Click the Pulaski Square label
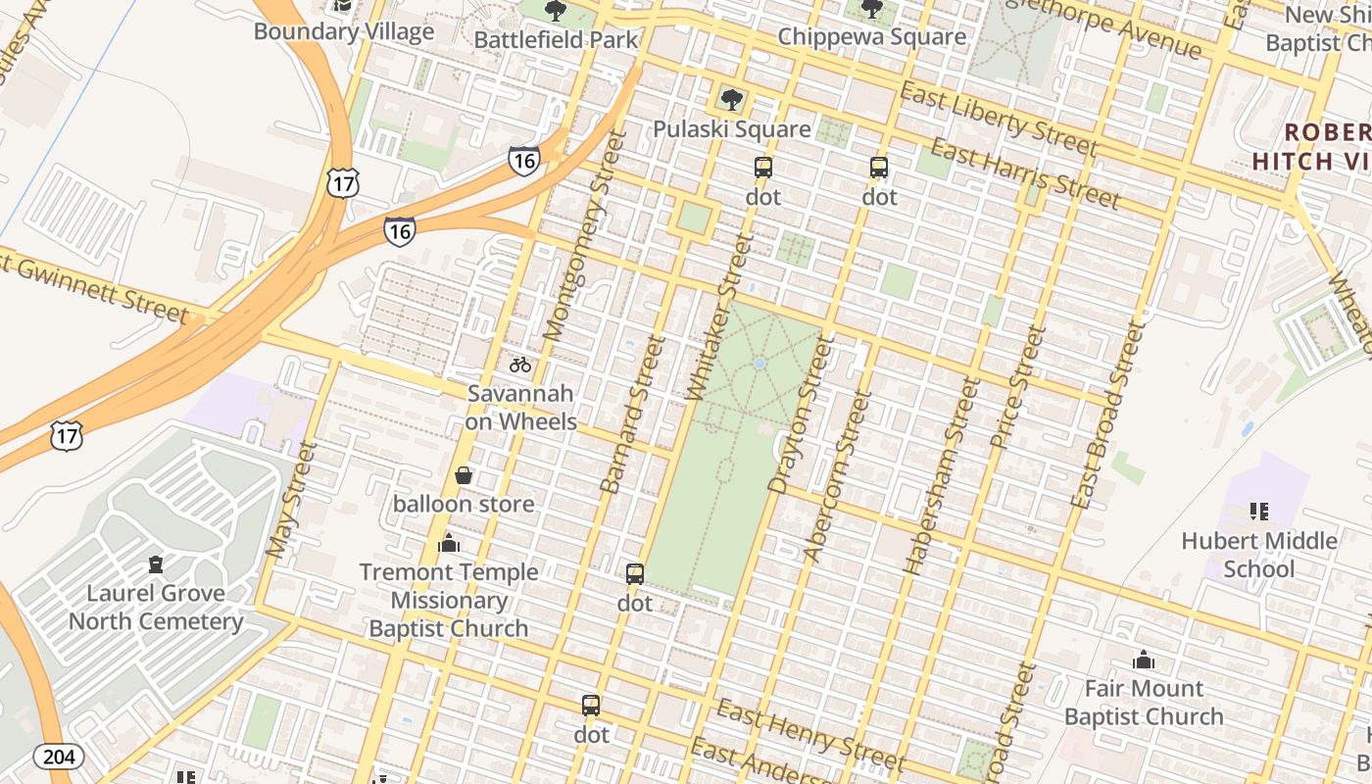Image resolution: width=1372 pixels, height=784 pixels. point(732,129)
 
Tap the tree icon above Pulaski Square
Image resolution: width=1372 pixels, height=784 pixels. point(731,99)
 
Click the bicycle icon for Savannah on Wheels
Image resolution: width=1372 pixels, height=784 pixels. point(520,365)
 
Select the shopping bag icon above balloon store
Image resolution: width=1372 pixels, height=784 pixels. point(464,476)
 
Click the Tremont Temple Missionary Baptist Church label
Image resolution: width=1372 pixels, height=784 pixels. point(449,600)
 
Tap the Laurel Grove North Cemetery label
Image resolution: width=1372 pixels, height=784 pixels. point(156,607)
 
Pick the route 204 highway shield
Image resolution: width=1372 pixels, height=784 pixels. point(59,756)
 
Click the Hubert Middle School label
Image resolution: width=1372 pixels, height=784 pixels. point(1259,555)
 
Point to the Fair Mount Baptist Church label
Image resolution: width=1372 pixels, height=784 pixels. point(1144,703)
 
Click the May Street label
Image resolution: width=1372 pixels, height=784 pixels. point(292,500)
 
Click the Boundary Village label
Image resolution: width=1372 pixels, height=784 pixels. point(343,31)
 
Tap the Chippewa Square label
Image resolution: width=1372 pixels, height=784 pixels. point(871,37)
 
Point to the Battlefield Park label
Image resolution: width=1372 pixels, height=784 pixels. point(556,39)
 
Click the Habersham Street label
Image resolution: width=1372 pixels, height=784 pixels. point(942,475)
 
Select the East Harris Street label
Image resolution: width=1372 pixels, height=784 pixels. point(1024,174)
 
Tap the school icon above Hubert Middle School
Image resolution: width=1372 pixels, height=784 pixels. point(1259,511)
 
